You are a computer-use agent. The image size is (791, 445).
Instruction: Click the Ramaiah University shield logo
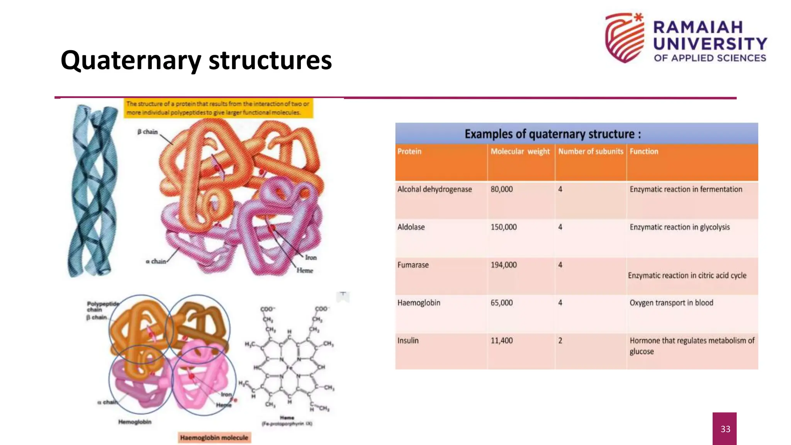pyautogui.click(x=625, y=38)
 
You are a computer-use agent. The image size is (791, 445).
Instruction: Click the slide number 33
pyautogui.click(x=725, y=429)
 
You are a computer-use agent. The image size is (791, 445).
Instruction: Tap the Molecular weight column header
pyautogui.click(x=520, y=151)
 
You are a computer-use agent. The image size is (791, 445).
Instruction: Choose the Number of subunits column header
pyautogui.click(x=591, y=151)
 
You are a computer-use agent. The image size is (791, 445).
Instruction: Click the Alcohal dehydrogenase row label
pyautogui.click(x=435, y=189)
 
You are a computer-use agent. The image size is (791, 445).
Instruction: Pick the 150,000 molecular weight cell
pyautogui.click(x=504, y=227)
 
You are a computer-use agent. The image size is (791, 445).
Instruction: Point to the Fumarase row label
pyautogui.click(x=413, y=265)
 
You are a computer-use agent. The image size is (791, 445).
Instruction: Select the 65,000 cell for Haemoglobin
pyautogui.click(x=502, y=303)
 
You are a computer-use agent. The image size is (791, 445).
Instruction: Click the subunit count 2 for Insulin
pyautogui.click(x=560, y=341)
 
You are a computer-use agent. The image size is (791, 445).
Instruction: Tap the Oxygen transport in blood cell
pyautogui.click(x=671, y=303)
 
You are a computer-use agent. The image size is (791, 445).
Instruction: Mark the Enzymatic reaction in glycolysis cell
pyautogui.click(x=680, y=227)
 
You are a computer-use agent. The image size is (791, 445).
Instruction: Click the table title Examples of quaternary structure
pyautogui.click(x=552, y=134)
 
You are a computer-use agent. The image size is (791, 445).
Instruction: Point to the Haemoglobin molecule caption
pyautogui.click(x=214, y=438)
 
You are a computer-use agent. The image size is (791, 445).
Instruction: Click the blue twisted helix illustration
pyautogui.click(x=93, y=190)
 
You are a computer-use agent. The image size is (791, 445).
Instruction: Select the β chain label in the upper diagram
pyautogui.click(x=148, y=132)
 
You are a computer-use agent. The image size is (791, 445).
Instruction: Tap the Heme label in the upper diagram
pyautogui.click(x=305, y=270)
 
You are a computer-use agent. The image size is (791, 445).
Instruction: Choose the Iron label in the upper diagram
pyautogui.click(x=311, y=258)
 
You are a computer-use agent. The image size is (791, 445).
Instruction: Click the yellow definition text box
pyautogui.click(x=218, y=108)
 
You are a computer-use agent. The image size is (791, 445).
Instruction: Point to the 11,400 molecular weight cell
pyautogui.click(x=502, y=341)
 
